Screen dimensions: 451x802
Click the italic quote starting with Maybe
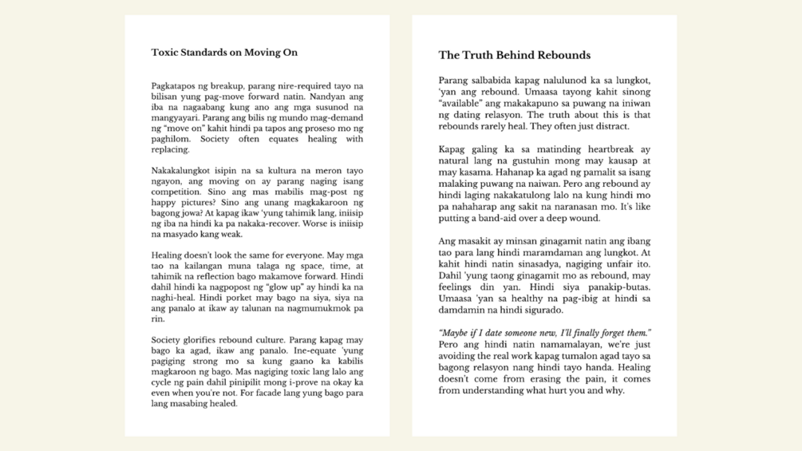point(545,333)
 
